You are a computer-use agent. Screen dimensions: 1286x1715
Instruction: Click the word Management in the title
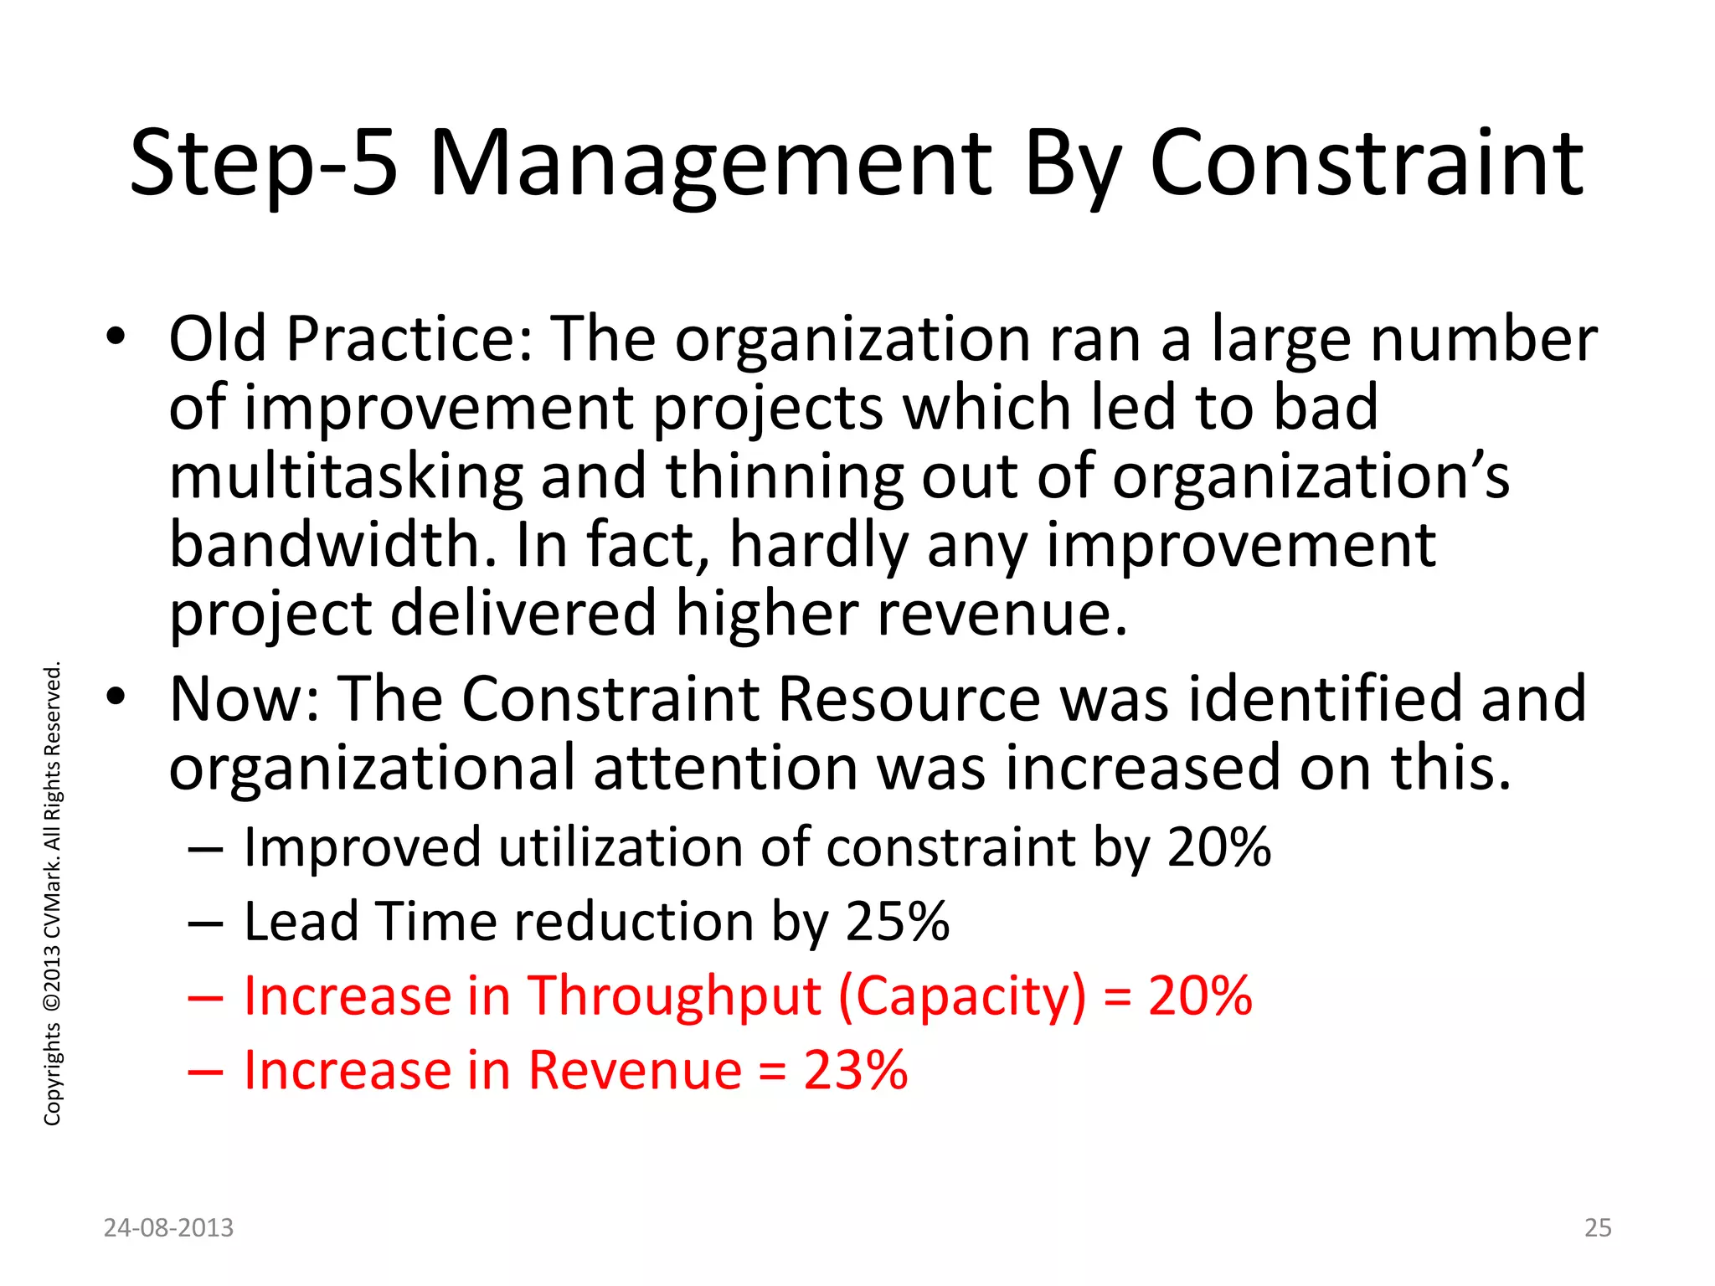tap(710, 164)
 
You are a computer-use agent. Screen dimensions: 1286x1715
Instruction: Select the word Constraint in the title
tap(1367, 164)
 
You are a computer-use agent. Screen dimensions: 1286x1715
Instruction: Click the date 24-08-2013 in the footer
tap(168, 1227)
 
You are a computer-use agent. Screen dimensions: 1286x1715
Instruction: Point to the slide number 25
tap(1598, 1227)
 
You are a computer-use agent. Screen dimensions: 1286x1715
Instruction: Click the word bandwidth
tap(332, 544)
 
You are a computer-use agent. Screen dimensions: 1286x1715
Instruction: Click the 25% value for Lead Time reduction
tap(898, 922)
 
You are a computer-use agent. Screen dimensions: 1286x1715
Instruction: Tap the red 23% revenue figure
tap(856, 1070)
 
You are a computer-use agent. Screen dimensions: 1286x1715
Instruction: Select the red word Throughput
tap(674, 996)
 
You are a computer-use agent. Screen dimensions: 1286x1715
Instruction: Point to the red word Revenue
tap(636, 1070)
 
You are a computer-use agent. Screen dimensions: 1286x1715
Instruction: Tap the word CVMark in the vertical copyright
tap(52, 896)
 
